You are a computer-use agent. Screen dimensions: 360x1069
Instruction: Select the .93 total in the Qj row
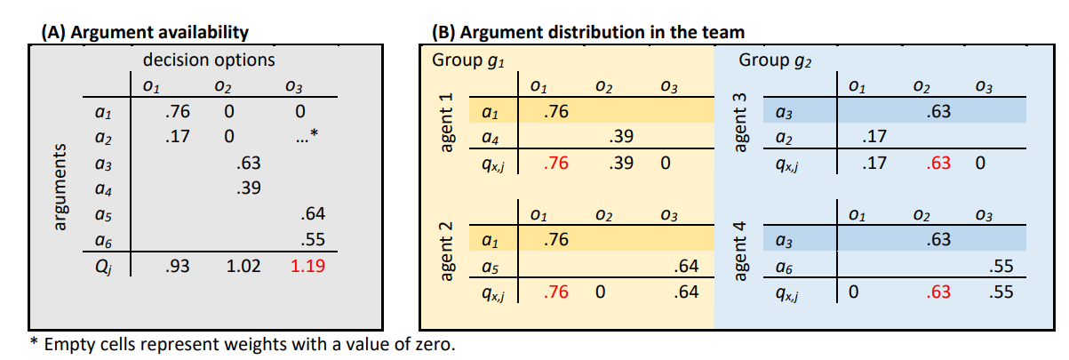178,265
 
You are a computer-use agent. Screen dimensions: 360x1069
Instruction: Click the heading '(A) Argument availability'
145,33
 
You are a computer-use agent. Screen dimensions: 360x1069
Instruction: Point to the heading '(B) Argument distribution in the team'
588,33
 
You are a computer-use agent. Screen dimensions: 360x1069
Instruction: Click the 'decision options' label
210,60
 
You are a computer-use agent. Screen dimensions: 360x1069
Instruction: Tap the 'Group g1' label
462,60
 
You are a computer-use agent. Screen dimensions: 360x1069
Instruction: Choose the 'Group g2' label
770,60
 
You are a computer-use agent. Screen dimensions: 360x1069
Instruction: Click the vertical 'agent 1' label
447,125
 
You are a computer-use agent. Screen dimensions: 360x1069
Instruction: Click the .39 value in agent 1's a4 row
622,137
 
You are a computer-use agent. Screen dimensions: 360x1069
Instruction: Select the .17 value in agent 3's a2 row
875,137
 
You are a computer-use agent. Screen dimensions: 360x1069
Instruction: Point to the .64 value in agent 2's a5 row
686,265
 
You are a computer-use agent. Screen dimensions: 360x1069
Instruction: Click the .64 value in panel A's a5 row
313,213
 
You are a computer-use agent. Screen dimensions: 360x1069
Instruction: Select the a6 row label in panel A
103,240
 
